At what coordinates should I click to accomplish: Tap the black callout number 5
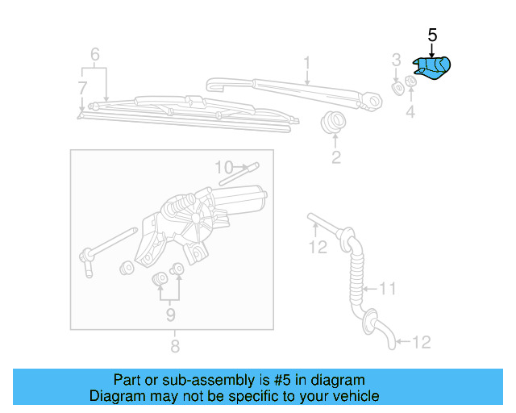[x=431, y=35]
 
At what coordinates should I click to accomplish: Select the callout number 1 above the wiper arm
[x=307, y=62]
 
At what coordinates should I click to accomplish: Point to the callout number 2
[x=335, y=157]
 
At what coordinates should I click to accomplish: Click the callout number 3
[x=396, y=59]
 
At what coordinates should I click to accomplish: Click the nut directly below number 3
[x=397, y=86]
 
